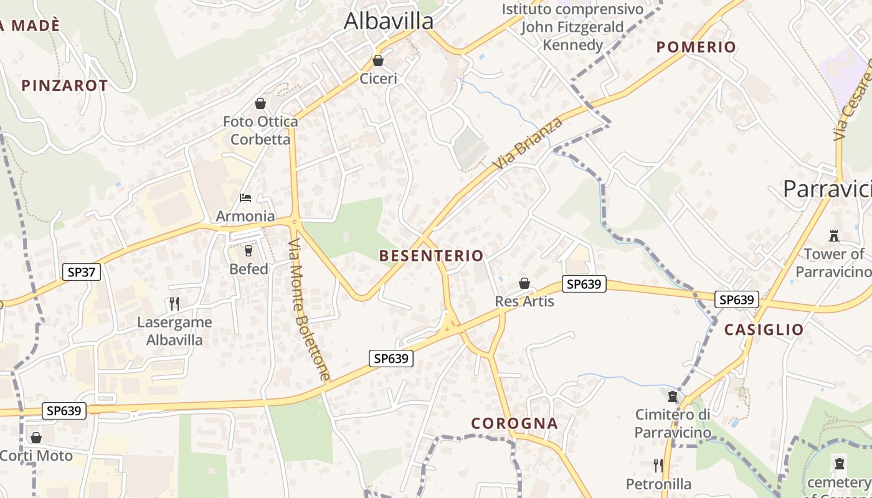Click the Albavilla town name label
click(389, 21)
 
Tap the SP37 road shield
click(82, 272)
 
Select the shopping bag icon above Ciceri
click(377, 60)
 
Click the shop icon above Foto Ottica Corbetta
click(260, 103)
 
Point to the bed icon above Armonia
click(245, 198)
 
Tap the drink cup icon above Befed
click(249, 251)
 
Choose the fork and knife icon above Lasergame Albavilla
click(174, 304)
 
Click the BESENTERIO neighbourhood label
click(431, 256)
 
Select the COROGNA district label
click(514, 423)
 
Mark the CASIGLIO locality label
click(764, 330)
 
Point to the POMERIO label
click(696, 47)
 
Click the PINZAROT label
click(65, 86)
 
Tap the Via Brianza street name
click(528, 143)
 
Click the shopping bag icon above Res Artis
click(524, 284)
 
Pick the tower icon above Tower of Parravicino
click(834, 236)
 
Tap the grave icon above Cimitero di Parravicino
click(673, 397)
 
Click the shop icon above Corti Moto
click(36, 438)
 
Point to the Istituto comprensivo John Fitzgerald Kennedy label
click(572, 27)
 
